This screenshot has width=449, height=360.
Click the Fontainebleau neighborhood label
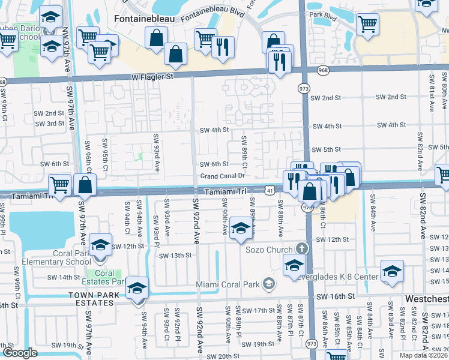pos(140,19)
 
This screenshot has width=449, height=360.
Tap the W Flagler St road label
pos(152,77)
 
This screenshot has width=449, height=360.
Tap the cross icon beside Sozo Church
pos(302,248)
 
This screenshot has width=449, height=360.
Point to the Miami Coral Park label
pos(229,284)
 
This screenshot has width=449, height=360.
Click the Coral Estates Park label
pos(104,277)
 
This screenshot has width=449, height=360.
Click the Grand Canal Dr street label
pos(223,176)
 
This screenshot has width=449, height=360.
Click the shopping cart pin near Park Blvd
pos(367,26)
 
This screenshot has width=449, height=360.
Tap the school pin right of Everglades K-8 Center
pos(392,272)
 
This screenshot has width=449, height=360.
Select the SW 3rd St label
pos(49,124)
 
